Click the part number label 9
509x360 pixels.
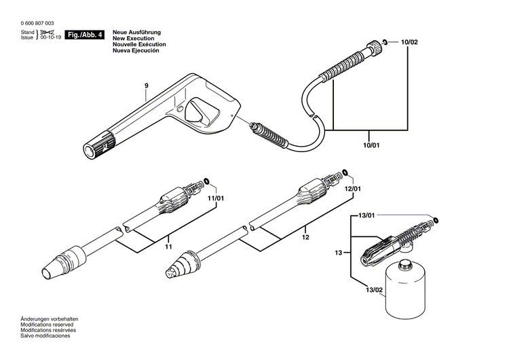pos(146,86)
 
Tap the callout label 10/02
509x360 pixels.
pos(409,42)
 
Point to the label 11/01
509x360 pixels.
pos(216,198)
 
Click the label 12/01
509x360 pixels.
pos(353,188)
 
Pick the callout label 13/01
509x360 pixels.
pos(366,215)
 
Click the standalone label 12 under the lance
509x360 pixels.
pos(305,238)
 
